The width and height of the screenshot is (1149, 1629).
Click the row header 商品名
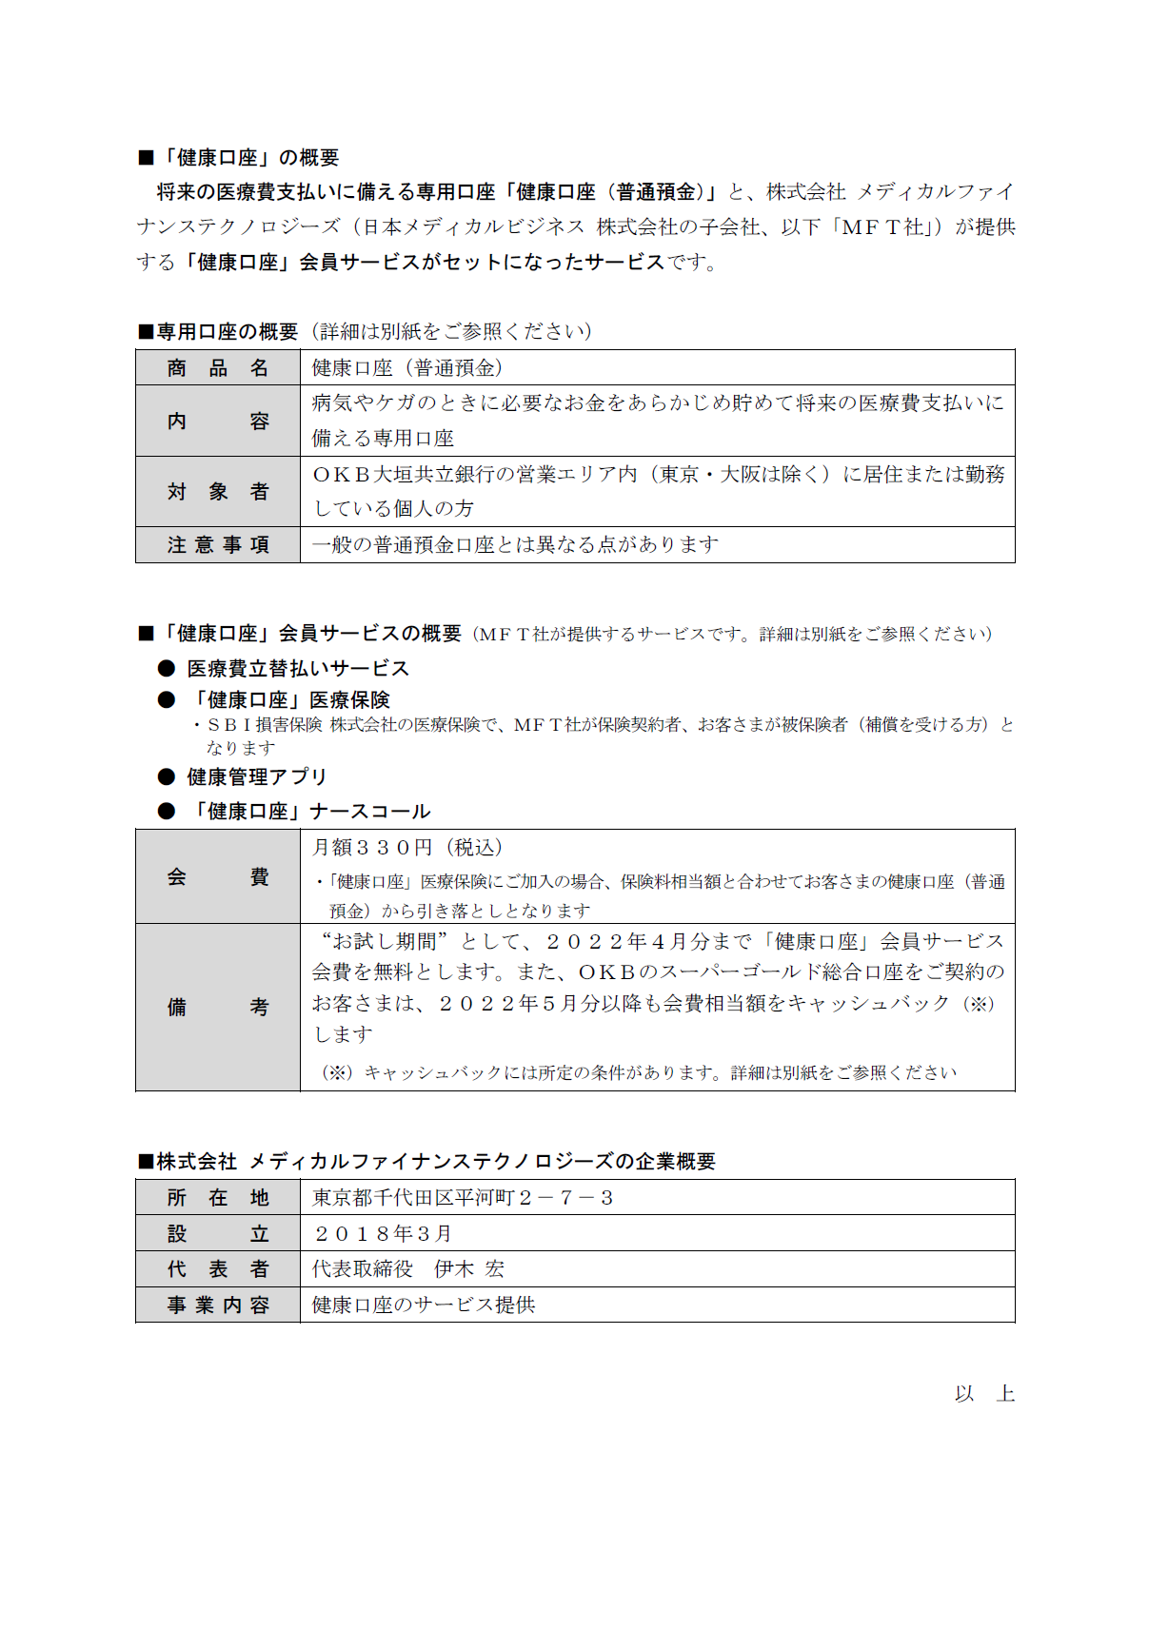click(218, 368)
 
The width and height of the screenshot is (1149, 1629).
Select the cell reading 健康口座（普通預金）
click(407, 368)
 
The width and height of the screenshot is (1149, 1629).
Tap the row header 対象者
click(218, 492)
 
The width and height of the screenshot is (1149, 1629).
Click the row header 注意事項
click(218, 545)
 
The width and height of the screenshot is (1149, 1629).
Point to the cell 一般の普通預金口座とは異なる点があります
click(515, 545)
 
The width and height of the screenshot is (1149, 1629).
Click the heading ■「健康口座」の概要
click(239, 158)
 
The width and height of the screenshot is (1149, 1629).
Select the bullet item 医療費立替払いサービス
click(298, 669)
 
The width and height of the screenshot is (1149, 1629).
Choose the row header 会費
click(218, 877)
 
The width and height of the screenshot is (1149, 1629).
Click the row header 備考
click(218, 1008)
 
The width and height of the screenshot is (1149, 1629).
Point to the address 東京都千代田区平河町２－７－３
click(463, 1198)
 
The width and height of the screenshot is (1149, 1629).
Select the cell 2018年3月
click(383, 1234)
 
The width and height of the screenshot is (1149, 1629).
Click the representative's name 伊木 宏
click(469, 1269)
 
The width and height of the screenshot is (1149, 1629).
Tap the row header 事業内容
click(218, 1305)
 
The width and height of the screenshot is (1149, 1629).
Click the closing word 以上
click(984, 1394)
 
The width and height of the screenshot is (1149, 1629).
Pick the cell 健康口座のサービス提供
click(424, 1305)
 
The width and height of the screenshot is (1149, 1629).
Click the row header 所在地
click(218, 1198)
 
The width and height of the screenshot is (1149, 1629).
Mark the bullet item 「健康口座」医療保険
click(289, 700)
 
